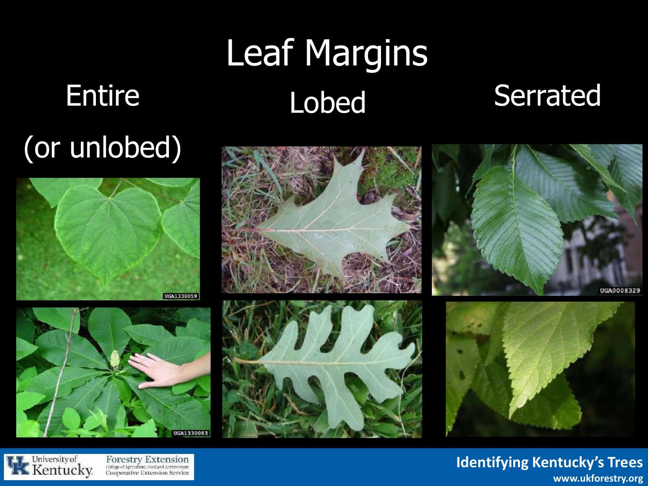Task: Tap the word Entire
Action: tap(103, 96)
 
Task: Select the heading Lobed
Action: tap(327, 102)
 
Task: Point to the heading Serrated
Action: tap(547, 95)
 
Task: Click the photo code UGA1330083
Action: tap(191, 433)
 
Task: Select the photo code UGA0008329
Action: tap(620, 290)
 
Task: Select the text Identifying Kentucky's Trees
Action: tap(549, 462)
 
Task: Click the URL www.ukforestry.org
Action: tap(598, 478)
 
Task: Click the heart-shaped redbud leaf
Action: tap(109, 230)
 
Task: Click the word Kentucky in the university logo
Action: tap(62, 470)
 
